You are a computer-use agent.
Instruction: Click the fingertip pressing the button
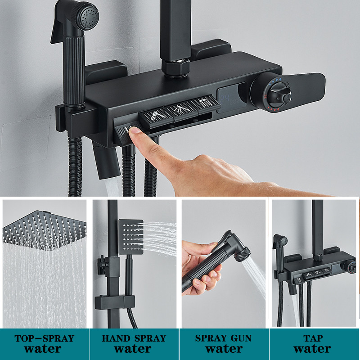(134, 131)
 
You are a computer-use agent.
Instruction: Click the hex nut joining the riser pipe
(175, 68)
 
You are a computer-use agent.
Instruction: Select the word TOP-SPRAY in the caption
(44, 338)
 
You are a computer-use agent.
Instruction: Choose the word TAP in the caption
(313, 338)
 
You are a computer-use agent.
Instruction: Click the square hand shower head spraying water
(131, 237)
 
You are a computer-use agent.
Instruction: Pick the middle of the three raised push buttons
(181, 110)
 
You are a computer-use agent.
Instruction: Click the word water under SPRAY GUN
(224, 349)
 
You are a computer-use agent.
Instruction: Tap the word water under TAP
(312, 349)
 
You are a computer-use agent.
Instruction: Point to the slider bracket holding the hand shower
(115, 302)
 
